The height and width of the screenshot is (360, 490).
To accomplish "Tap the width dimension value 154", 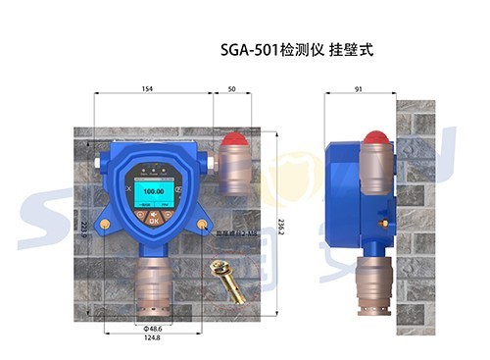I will coord(147,89).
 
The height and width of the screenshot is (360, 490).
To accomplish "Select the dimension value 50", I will coord(231,89).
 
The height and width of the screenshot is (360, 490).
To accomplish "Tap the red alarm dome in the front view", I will coord(232,139).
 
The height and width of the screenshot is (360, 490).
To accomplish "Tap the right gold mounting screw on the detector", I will coord(202,225).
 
